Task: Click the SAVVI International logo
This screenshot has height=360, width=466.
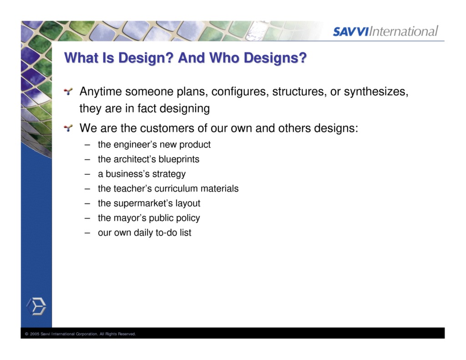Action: [385, 31]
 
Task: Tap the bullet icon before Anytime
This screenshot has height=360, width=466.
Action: [68, 92]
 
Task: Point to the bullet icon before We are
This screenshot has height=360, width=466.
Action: [68, 128]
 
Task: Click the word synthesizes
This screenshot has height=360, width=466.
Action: [375, 92]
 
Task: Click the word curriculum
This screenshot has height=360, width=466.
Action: [176, 189]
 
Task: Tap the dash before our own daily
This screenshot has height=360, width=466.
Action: [87, 233]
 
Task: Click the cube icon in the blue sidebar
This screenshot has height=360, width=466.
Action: [36, 306]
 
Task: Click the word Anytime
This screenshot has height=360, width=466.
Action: [101, 92]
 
